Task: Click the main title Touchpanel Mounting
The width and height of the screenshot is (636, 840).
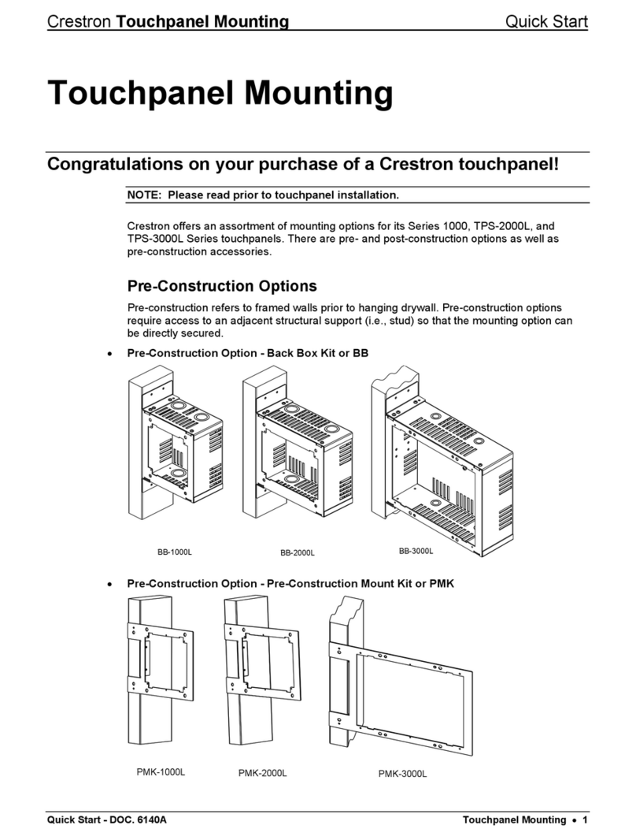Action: coord(220,94)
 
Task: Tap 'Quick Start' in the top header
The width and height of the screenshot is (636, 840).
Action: coord(545,21)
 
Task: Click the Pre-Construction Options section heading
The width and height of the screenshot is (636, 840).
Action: coord(222,285)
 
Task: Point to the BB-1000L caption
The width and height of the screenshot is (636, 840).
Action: coord(174,552)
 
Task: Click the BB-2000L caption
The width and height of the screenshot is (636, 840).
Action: coord(297,553)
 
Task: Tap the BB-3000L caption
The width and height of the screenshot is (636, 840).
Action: coord(416,551)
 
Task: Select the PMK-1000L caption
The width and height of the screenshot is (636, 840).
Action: coord(160,771)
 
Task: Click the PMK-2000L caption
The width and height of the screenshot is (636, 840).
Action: coord(262,774)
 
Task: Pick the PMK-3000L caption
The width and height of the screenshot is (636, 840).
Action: coord(402,774)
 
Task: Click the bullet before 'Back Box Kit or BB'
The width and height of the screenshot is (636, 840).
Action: coord(109,354)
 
